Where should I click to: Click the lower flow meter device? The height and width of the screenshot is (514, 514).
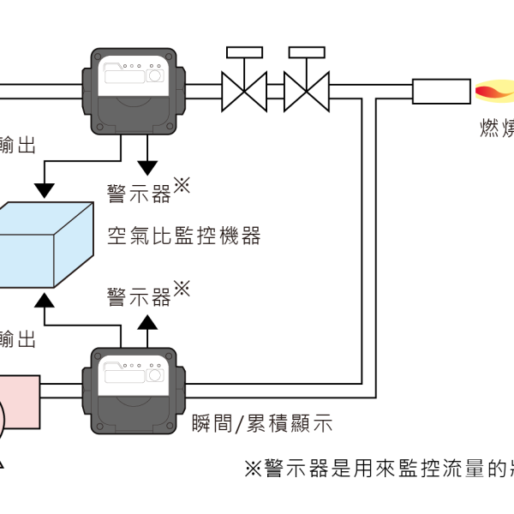tap(129, 391)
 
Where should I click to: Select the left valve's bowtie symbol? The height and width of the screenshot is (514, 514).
tap(243, 90)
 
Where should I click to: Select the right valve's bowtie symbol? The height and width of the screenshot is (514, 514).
tap(307, 90)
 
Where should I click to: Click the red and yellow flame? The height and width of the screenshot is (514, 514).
tap(494, 91)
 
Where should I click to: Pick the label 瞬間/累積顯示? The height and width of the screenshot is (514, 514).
tap(259, 424)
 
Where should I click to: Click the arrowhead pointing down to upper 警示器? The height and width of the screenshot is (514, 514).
tap(148, 166)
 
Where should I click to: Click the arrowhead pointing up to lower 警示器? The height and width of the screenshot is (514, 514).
tap(148, 322)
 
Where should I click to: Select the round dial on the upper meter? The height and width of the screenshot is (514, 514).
tap(154, 75)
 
